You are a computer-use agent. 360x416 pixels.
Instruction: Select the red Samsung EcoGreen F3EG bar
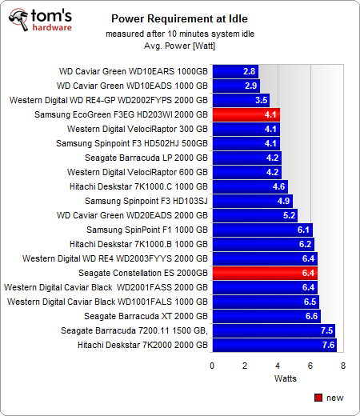point(246,114)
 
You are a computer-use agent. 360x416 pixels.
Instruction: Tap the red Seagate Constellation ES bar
point(265,273)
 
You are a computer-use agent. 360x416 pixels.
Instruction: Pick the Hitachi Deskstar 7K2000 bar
point(274,345)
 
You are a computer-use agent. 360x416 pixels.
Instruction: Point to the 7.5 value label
point(326,330)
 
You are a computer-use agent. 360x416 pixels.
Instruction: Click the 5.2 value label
point(289,215)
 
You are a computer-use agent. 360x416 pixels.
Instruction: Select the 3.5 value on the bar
point(261,100)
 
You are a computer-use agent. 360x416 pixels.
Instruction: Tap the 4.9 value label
point(284,201)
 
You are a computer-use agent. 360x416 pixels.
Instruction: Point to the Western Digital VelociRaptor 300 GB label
point(138,129)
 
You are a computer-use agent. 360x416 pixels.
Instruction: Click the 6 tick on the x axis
point(310,365)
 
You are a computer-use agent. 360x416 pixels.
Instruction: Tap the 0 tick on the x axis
point(212,365)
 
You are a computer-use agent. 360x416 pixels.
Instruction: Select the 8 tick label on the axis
point(343,365)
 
